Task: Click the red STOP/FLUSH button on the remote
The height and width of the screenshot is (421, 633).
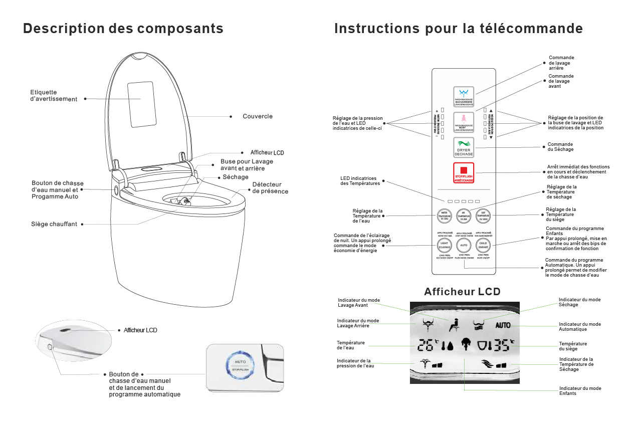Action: coord(464,173)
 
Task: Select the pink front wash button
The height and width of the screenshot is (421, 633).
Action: coord(464,121)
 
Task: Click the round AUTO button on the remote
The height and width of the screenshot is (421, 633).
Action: coord(464,246)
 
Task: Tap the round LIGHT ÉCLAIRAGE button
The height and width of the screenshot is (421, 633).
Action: coord(444,246)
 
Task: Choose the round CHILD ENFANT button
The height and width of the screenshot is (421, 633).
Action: coord(483,246)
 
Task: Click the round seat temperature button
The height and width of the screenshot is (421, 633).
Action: coord(483,216)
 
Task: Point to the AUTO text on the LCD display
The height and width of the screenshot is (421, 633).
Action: coord(503,325)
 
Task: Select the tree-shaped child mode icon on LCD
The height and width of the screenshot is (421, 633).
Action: coord(464,345)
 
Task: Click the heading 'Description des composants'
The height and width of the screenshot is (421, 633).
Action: coord(123,29)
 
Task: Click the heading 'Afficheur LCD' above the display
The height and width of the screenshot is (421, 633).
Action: coord(462,292)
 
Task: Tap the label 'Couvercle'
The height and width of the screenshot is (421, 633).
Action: coord(258,116)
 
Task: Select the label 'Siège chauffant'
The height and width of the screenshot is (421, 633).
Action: coord(54,224)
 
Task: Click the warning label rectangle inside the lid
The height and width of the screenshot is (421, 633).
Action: coord(141,104)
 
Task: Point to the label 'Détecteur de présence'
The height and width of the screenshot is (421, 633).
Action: coord(270,188)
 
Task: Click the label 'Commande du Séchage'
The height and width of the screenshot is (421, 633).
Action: coord(560,147)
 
